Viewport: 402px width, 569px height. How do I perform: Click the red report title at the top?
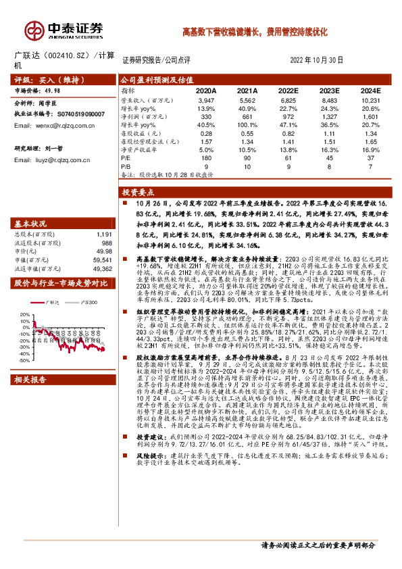tap(255, 32)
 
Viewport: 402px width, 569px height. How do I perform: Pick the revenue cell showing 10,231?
tap(372, 99)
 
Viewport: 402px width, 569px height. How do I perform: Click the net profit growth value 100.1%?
tap(248, 125)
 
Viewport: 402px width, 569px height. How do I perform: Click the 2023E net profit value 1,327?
tap(330, 117)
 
